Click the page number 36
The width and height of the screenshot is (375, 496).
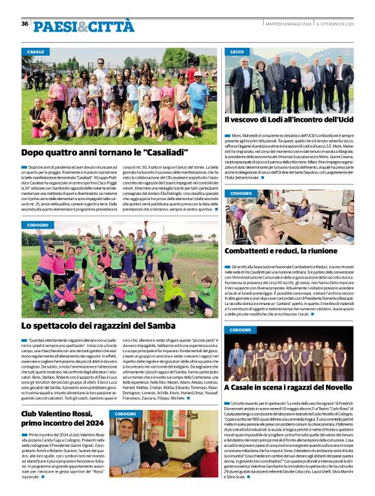click(x=25, y=23)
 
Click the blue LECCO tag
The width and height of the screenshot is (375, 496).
click(x=237, y=51)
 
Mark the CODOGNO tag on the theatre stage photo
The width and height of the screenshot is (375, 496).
click(x=242, y=330)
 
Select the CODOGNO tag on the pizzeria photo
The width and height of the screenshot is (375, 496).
click(x=126, y=414)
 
